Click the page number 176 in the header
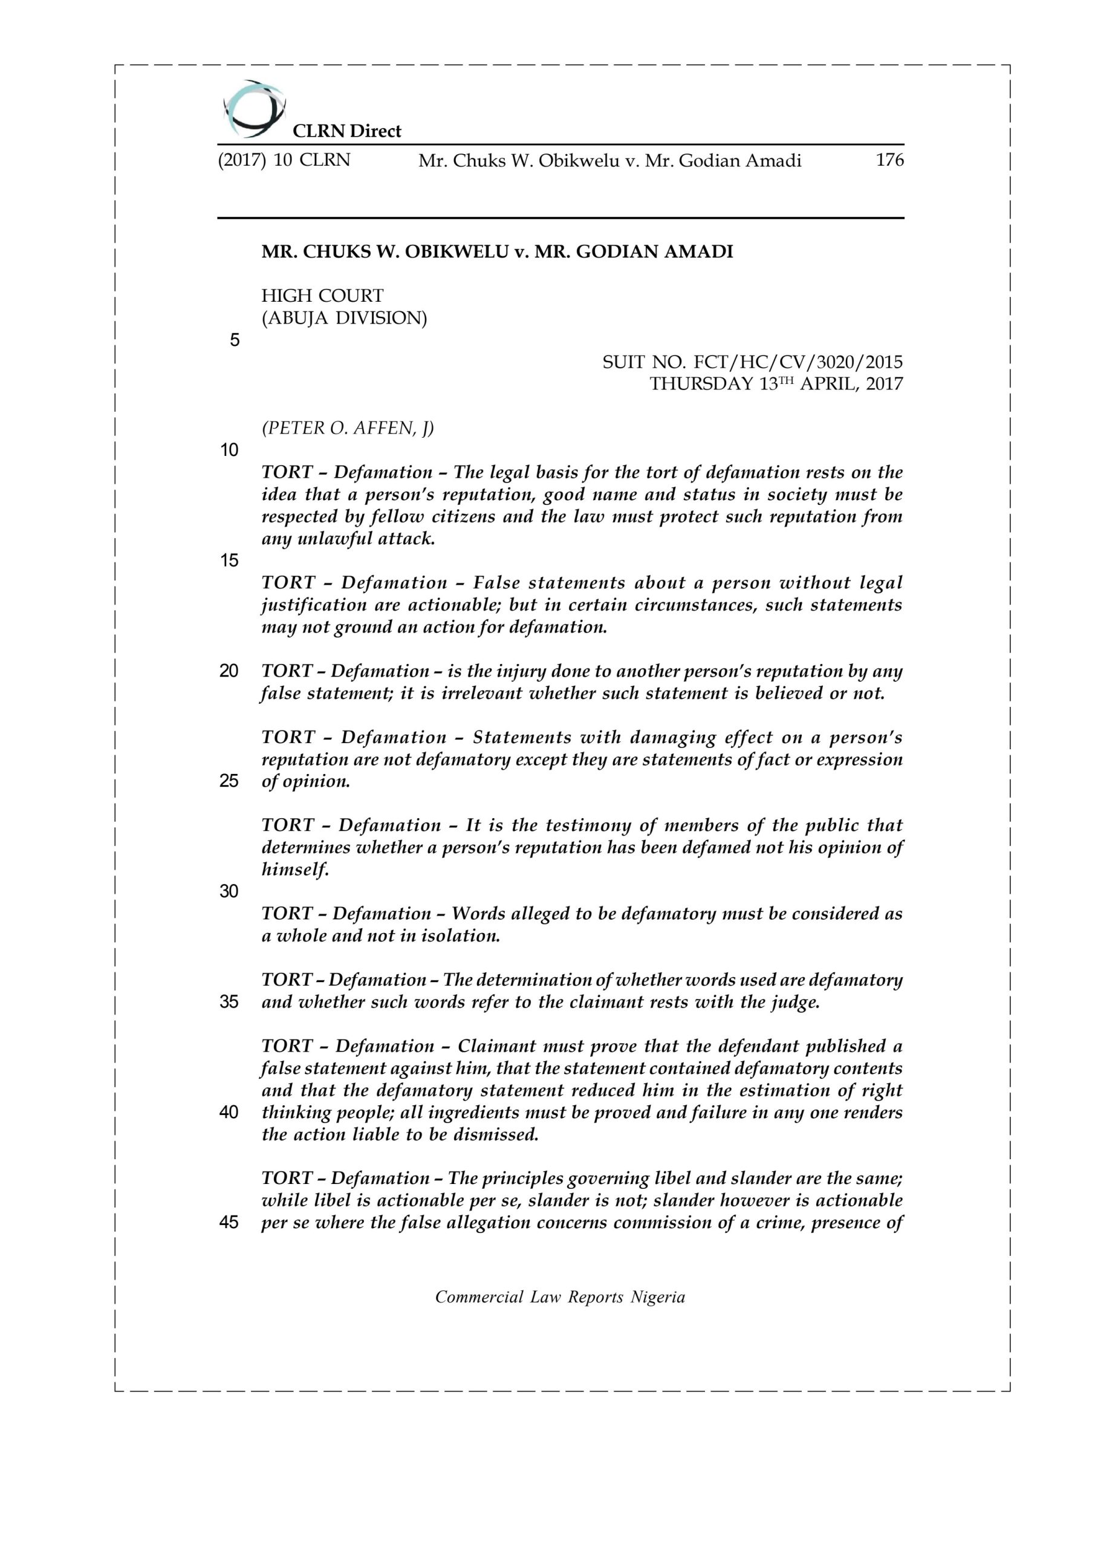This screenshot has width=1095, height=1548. [x=889, y=160]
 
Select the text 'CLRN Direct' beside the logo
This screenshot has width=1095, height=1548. [x=346, y=131]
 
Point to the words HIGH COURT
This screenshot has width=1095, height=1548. [x=322, y=296]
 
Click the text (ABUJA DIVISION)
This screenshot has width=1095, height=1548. [x=344, y=318]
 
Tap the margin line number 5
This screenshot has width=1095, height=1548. [x=235, y=340]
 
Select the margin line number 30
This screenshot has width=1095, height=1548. [x=229, y=891]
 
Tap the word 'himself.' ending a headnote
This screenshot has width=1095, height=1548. [x=294, y=870]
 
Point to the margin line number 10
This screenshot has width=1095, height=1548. [x=229, y=450]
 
